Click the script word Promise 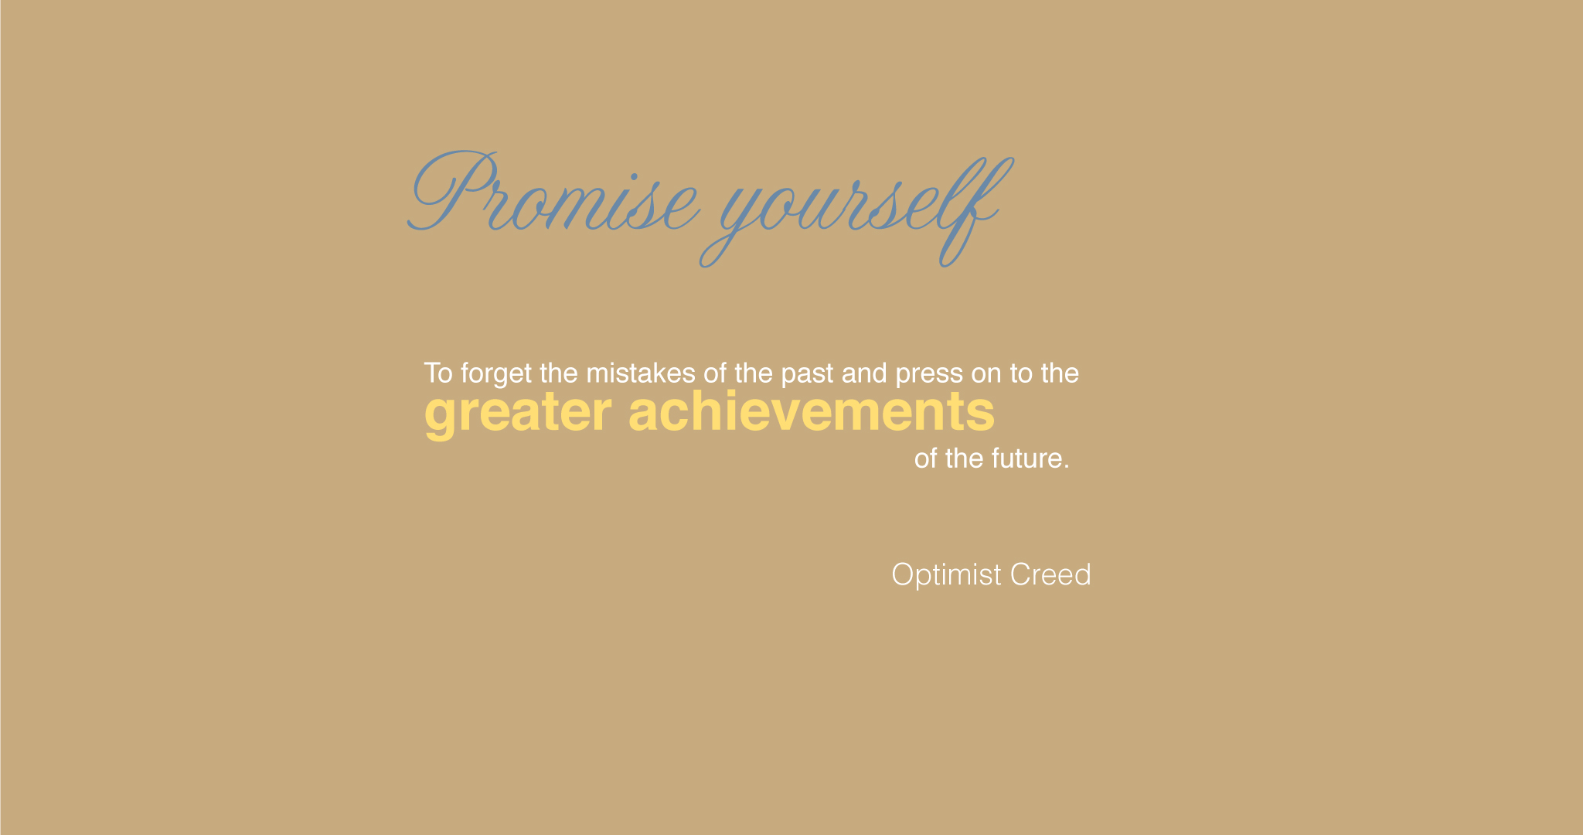tap(553, 192)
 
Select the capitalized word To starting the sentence tap(438, 373)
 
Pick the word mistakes tap(641, 373)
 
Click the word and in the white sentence tap(864, 373)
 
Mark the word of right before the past tap(715, 373)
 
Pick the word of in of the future tap(926, 458)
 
